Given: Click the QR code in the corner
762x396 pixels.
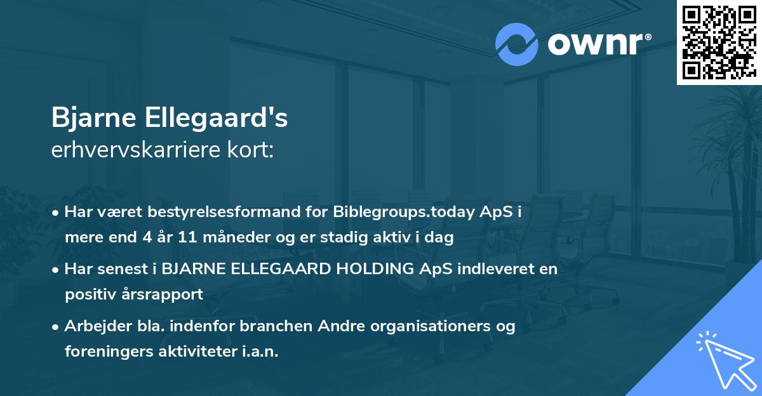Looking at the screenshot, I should [x=719, y=42].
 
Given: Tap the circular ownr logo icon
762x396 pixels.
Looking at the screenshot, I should [x=517, y=44].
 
